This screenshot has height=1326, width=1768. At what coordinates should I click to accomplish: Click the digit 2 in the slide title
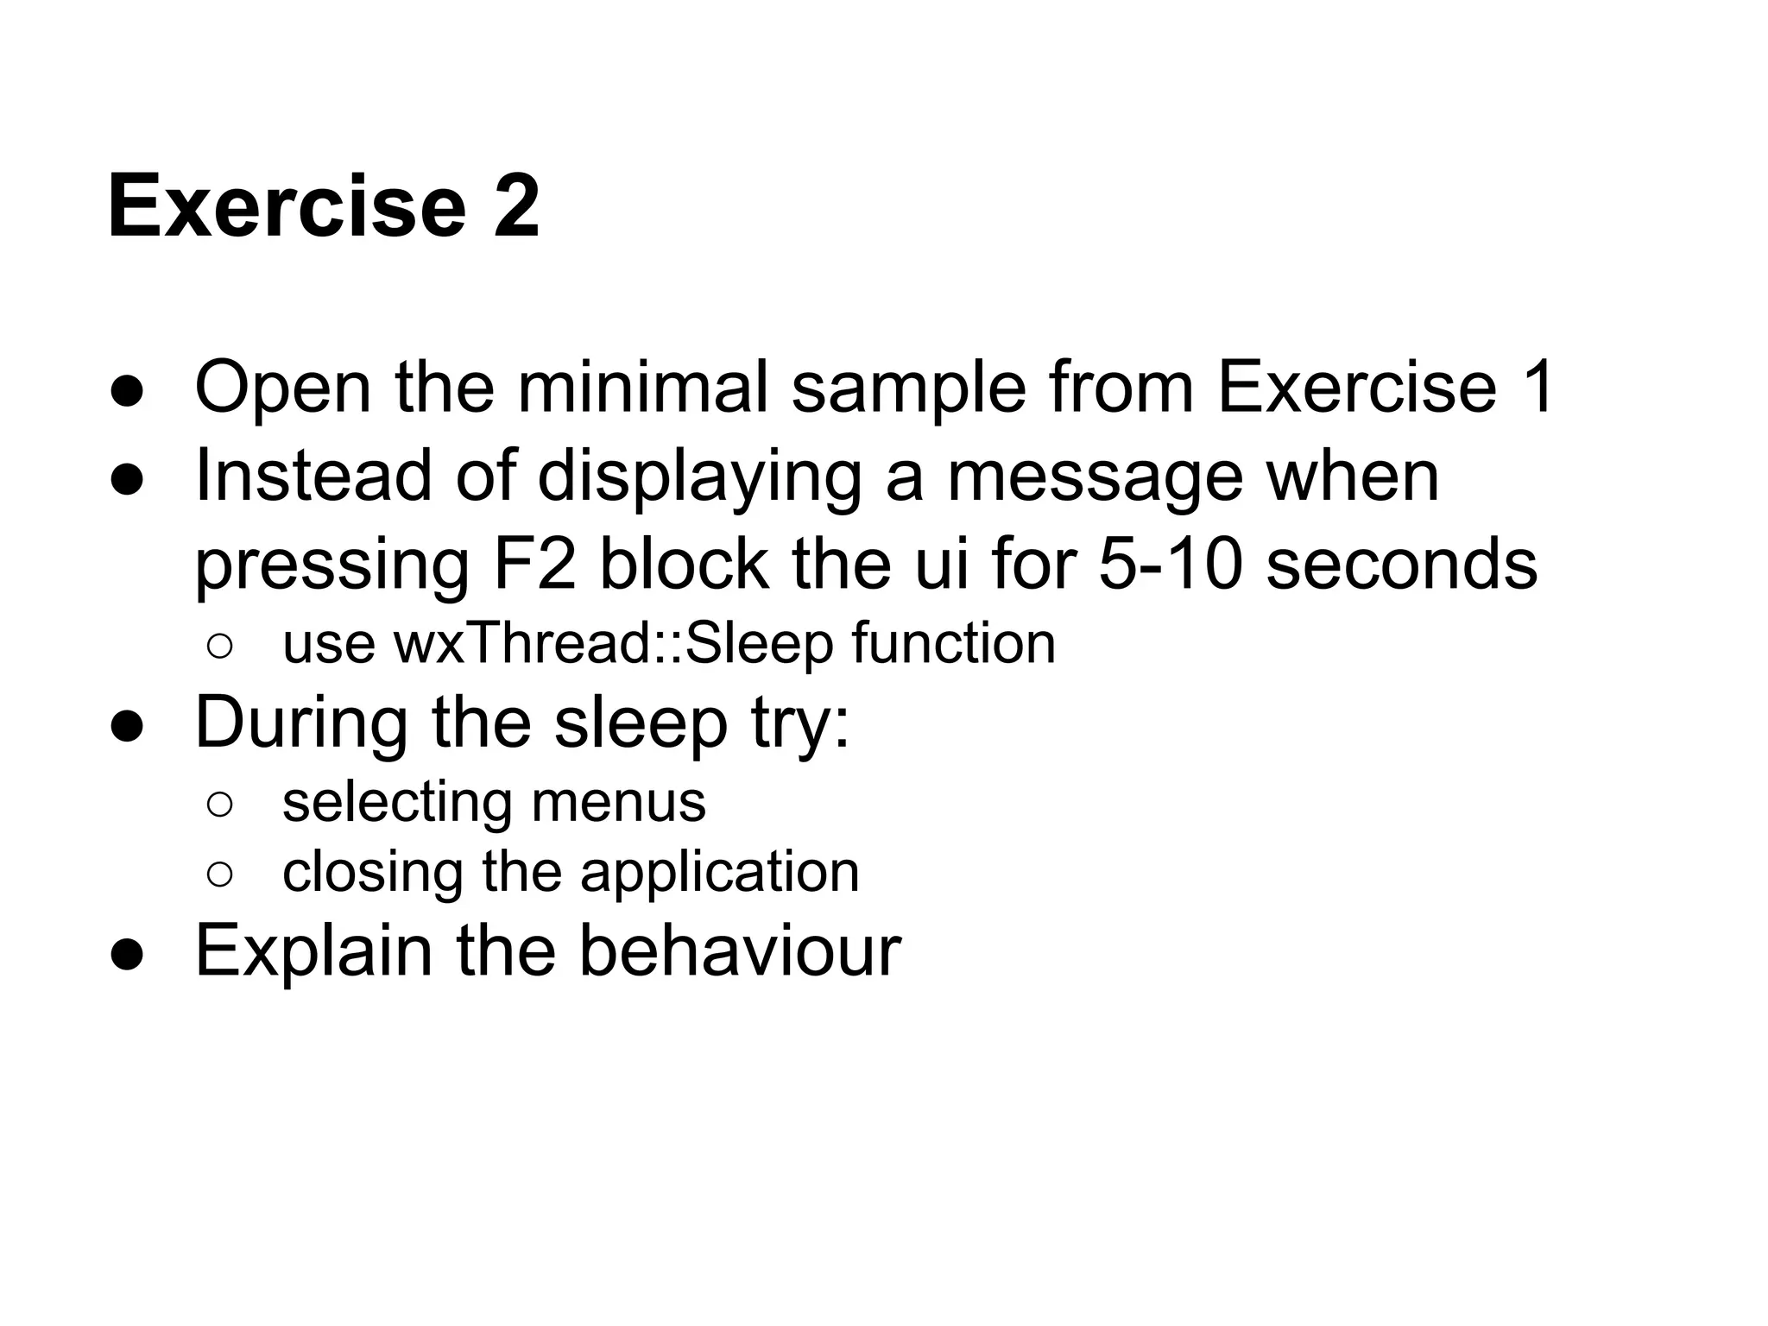pos(516,206)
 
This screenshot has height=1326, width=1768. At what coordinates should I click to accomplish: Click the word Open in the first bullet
pos(283,388)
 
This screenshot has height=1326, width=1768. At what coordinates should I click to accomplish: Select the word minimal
pos(642,388)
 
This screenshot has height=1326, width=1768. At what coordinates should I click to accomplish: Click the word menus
pos(618,802)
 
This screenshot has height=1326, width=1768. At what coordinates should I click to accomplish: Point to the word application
pos(720,873)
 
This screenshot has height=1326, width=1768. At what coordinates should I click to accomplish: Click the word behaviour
pos(739,950)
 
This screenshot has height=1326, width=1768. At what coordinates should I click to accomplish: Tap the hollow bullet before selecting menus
pos(219,805)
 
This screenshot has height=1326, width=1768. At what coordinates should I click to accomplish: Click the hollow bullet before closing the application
pos(219,875)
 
